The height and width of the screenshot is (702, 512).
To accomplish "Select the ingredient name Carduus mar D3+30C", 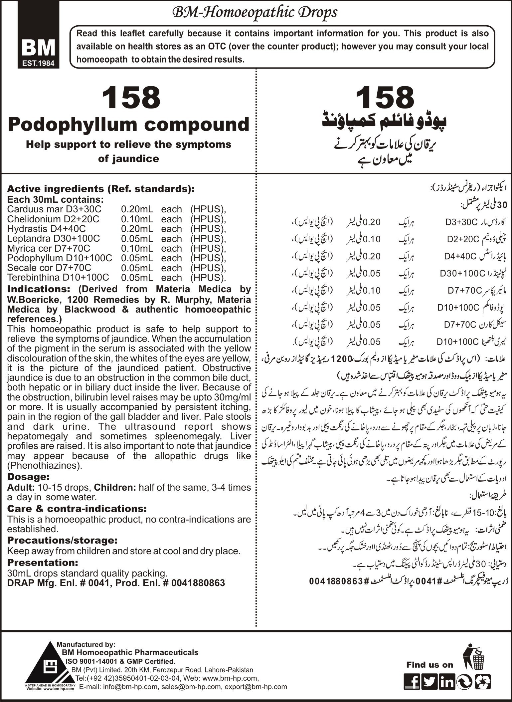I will (54, 209).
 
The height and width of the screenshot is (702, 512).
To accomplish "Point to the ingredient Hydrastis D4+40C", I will (46, 229).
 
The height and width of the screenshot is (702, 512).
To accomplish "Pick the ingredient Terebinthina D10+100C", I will (58, 278).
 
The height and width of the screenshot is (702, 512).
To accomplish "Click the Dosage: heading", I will (29, 477).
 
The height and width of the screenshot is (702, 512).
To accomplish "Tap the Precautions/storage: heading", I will (62, 540).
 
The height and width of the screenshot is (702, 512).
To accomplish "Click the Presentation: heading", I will (43, 563).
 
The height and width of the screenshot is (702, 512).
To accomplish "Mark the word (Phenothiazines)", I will (44, 465).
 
